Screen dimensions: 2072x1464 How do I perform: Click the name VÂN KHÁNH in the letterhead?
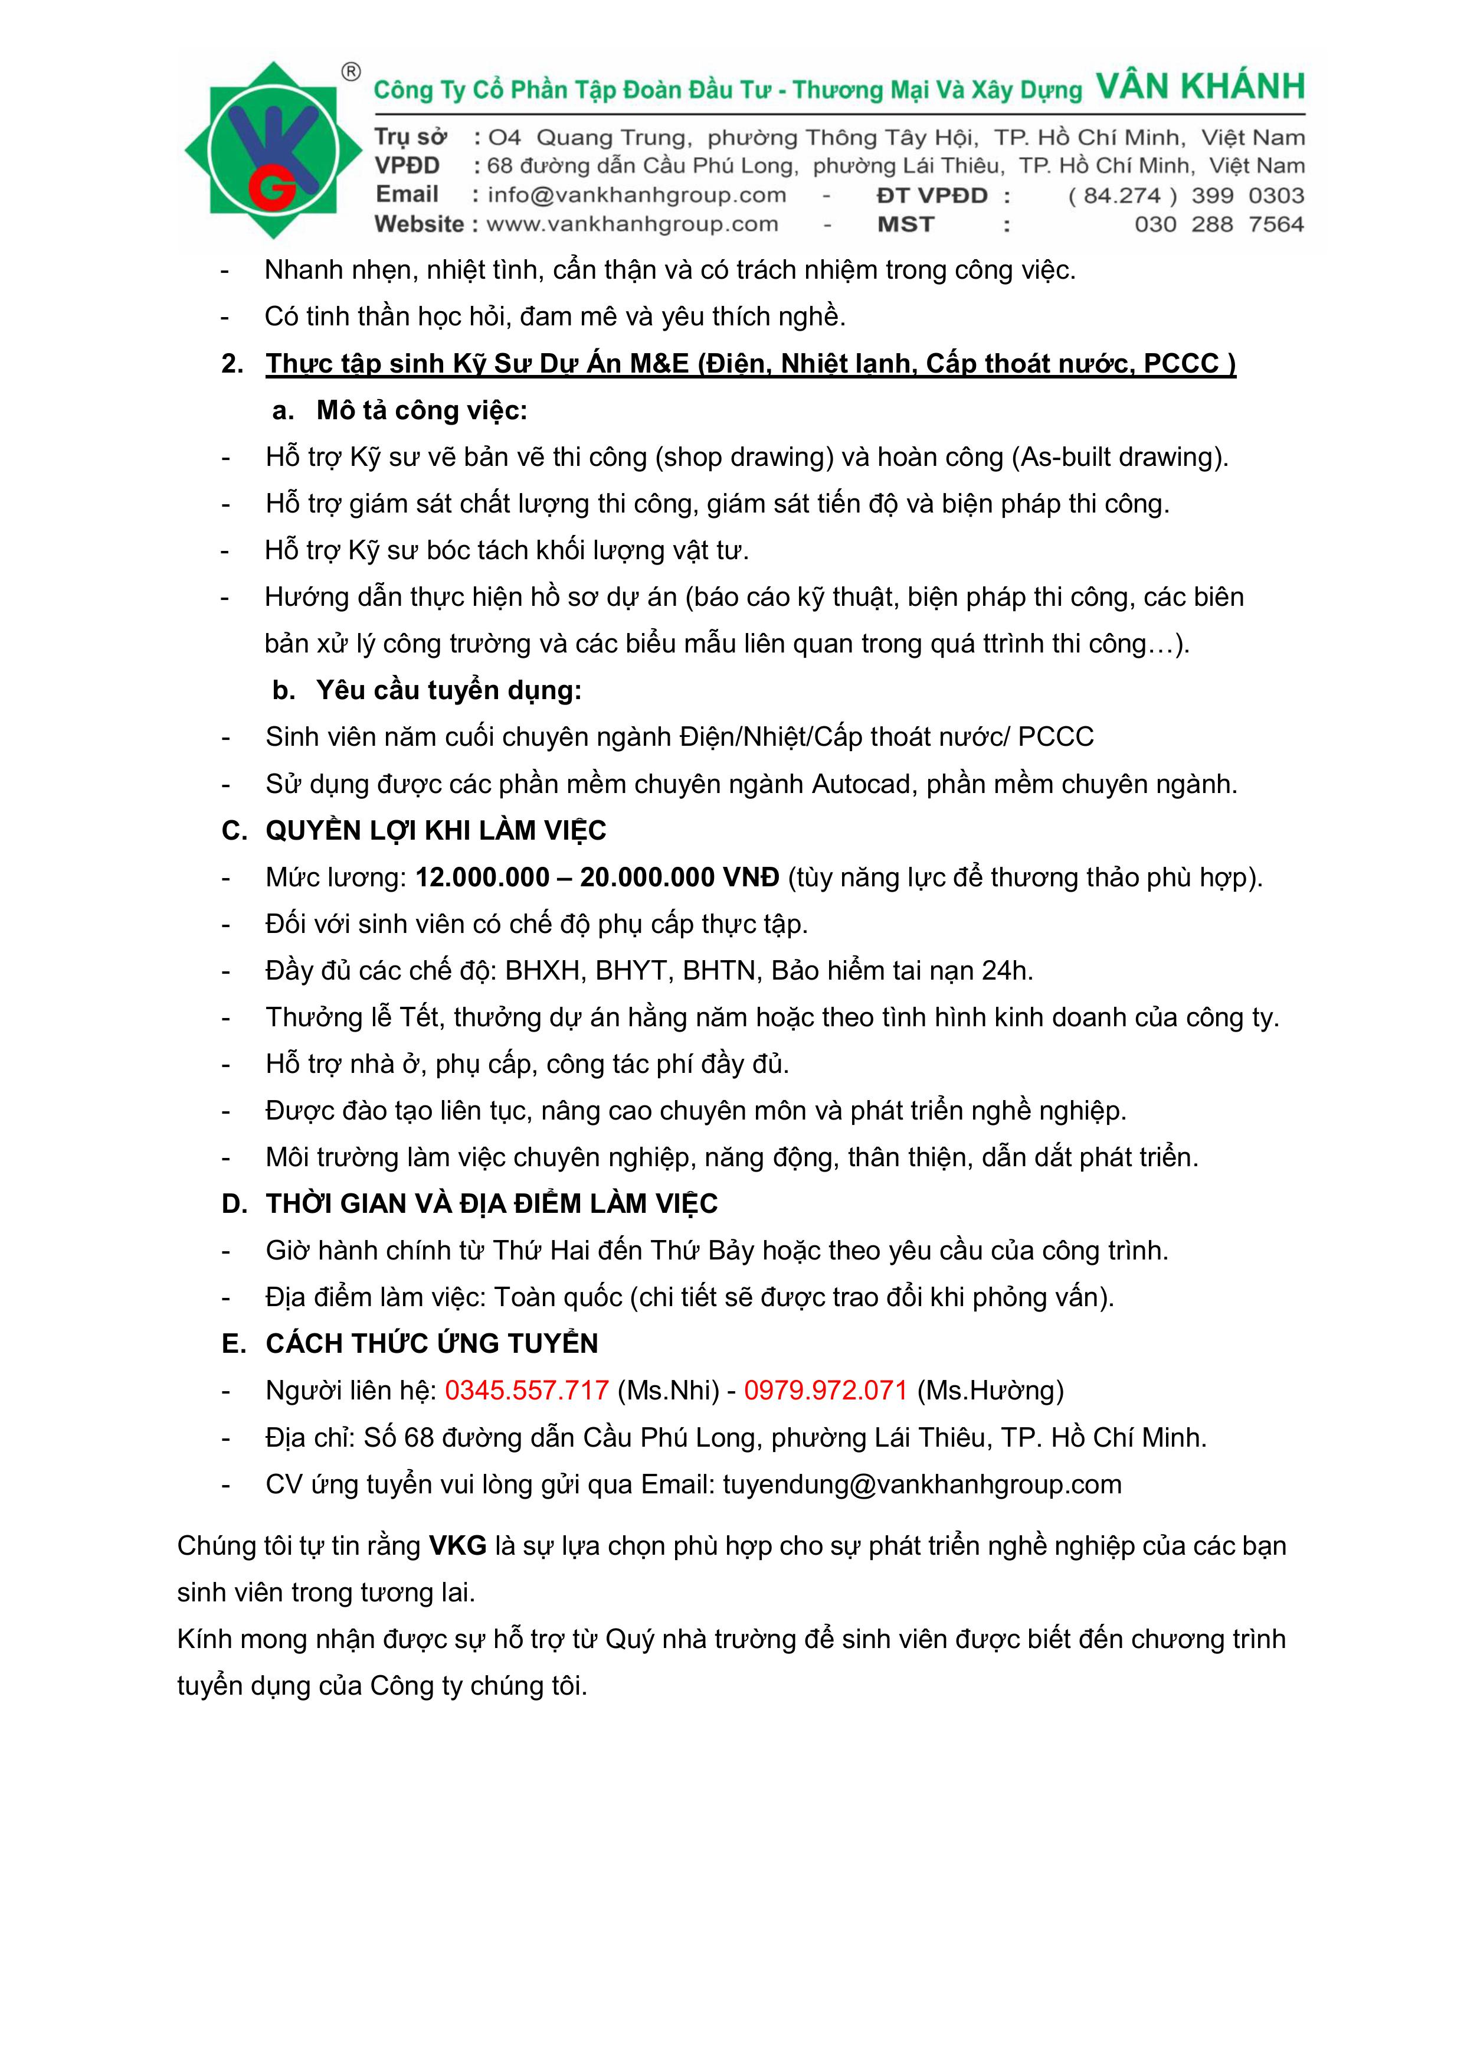pos(1200,87)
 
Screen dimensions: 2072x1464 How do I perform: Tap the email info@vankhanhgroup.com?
pos(636,195)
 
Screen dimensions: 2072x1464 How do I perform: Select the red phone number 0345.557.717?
pos(527,1391)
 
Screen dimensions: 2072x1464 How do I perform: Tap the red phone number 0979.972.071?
pos(826,1391)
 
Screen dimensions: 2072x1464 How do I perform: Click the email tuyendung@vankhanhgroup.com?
pos(922,1484)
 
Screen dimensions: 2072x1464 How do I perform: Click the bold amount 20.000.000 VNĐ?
pos(679,877)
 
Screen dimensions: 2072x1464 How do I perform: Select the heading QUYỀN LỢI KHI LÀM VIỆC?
pos(435,830)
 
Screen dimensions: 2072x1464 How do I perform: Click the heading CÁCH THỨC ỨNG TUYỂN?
pos(431,1344)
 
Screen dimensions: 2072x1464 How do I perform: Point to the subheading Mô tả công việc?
pos(421,410)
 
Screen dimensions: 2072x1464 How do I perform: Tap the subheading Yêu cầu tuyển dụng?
pos(448,690)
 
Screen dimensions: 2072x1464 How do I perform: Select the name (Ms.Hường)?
pos(990,1391)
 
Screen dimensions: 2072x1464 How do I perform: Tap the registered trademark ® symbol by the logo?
pos(352,72)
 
